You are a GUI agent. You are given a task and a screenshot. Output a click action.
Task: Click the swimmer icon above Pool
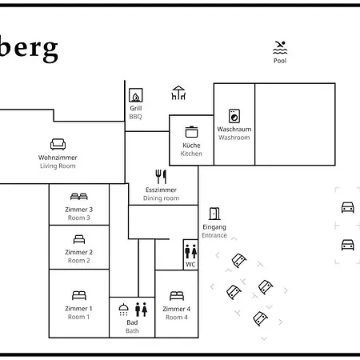click(280, 48)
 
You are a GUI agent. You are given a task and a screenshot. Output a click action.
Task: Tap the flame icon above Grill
click(136, 95)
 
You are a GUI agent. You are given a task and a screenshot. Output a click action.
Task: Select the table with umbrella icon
click(178, 93)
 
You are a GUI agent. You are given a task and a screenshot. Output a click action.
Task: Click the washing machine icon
click(234, 116)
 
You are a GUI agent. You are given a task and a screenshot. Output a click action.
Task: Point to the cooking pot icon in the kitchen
click(191, 132)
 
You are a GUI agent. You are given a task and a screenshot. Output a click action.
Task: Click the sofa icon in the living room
click(58, 144)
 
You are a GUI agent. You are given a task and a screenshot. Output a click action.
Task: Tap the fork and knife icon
click(161, 177)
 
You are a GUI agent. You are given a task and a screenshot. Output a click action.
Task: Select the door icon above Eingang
click(214, 214)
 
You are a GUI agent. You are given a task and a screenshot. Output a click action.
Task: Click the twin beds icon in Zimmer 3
click(79, 197)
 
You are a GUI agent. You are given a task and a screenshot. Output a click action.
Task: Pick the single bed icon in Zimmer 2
click(79, 239)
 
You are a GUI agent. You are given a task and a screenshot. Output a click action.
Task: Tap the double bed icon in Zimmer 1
click(79, 295)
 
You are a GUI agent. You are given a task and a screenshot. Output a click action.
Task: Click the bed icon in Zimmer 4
click(177, 296)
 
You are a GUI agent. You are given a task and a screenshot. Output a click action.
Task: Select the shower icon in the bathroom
click(123, 310)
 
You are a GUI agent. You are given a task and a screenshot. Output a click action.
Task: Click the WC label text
click(190, 265)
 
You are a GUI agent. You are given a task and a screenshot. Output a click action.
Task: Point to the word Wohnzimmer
click(58, 158)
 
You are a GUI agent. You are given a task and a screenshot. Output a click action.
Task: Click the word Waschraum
click(234, 130)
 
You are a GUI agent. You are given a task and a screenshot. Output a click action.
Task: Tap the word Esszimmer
click(161, 190)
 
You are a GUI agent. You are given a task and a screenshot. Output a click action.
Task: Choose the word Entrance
click(214, 235)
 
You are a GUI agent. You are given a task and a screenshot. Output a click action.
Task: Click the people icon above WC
click(190, 251)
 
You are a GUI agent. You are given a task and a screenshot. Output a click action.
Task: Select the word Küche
click(191, 146)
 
